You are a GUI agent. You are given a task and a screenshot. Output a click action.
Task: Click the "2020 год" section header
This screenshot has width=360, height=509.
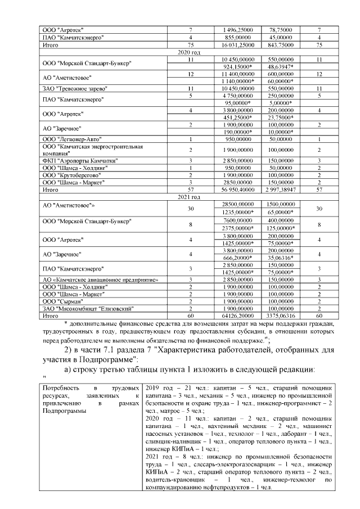185,52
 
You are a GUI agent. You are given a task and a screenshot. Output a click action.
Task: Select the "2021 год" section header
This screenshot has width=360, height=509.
185,197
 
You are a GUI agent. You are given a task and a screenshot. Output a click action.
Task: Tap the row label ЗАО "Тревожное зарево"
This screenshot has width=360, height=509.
75,89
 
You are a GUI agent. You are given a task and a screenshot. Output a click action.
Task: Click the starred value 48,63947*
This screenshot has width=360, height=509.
281,66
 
